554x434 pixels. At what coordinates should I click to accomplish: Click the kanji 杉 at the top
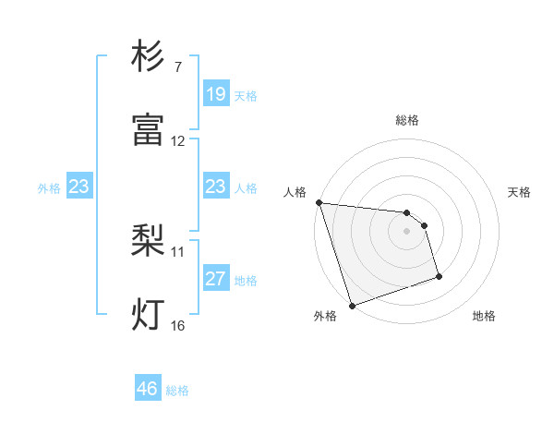coord(149,57)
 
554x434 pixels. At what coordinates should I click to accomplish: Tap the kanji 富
coord(149,130)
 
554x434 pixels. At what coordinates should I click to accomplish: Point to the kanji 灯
coord(149,314)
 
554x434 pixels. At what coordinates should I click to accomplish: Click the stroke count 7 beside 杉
coord(177,67)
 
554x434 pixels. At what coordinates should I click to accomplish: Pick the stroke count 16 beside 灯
coord(178,326)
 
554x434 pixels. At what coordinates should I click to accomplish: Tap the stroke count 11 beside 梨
coord(178,251)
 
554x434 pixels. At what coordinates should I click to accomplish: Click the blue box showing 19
coord(215,94)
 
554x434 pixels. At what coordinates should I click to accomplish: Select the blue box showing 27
coord(215,279)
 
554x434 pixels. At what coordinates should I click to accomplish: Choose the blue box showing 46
coord(148,389)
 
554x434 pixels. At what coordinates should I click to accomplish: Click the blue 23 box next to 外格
coord(79,187)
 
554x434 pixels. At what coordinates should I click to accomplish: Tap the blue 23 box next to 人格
coord(215,187)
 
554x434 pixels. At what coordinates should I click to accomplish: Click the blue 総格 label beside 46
coord(177,391)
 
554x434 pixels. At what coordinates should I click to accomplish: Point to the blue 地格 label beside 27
coord(246,281)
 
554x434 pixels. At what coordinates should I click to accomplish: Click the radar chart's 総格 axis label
coord(407,120)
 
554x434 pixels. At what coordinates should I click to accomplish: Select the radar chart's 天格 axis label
coord(520,193)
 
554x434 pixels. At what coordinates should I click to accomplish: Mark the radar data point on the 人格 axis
coord(319,202)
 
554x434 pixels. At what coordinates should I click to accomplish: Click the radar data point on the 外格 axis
coord(352,305)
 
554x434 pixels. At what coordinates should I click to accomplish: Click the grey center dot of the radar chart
coord(407,231)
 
